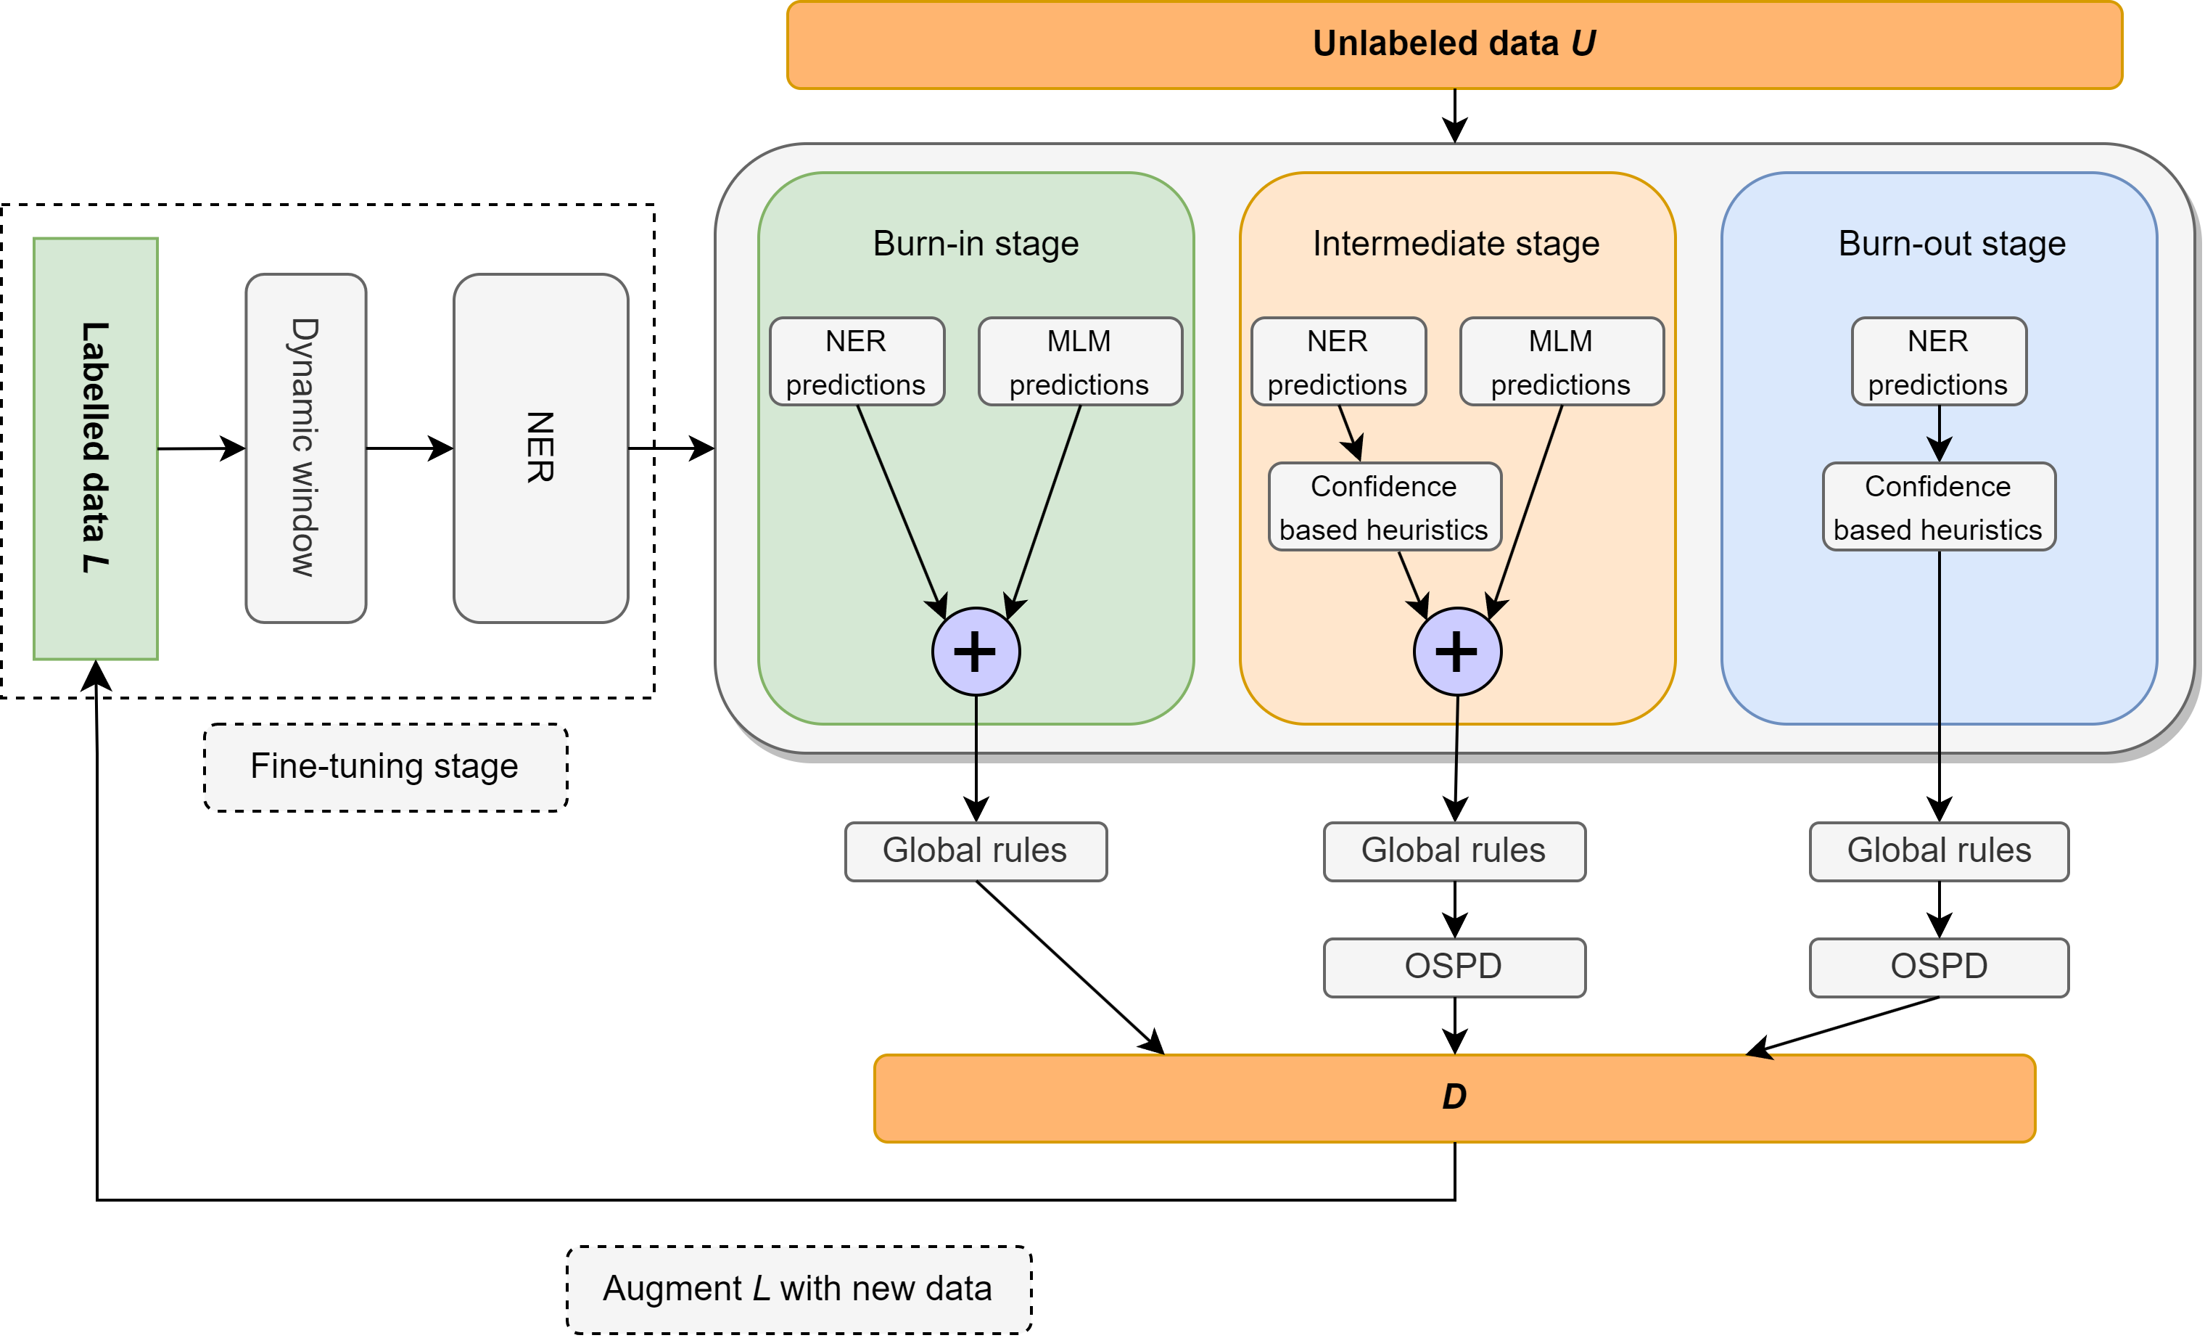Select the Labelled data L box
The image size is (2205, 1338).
(x=96, y=448)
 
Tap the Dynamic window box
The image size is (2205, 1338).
(x=306, y=448)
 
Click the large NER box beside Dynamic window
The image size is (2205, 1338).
(x=540, y=448)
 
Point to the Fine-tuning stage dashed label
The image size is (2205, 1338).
(x=385, y=767)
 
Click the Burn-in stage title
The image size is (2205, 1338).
(x=976, y=243)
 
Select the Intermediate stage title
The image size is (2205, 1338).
(x=1456, y=243)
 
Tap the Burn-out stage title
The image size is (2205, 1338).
(x=1951, y=243)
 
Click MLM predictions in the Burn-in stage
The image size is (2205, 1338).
(x=1079, y=361)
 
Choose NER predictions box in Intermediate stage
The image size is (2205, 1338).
(x=1338, y=361)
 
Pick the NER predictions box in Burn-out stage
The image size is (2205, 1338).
(x=1938, y=361)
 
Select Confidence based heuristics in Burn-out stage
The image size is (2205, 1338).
(x=1938, y=506)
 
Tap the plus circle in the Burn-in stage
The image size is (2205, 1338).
(x=976, y=652)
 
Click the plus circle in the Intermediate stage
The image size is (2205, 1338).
(x=1457, y=652)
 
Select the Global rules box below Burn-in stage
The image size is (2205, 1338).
(x=976, y=851)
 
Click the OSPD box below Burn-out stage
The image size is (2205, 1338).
(x=1938, y=966)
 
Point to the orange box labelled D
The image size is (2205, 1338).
(x=1454, y=1097)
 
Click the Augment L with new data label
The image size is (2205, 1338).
(x=799, y=1289)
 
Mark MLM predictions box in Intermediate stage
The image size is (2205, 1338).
(x=1561, y=361)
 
